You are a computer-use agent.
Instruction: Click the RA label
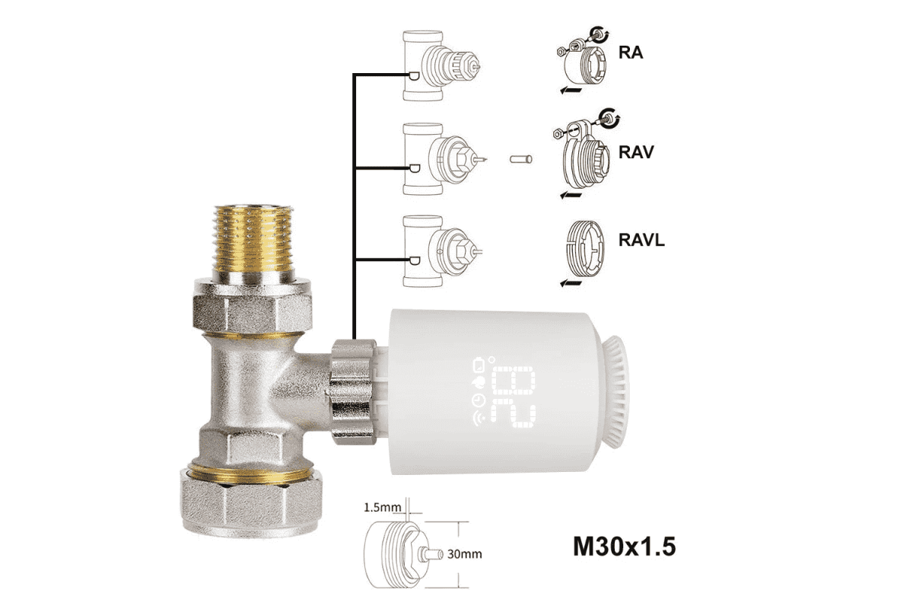coord(631,53)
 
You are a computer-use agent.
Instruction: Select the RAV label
coord(636,152)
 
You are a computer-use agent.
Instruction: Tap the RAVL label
coord(641,240)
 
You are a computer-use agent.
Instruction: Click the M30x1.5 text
coord(625,546)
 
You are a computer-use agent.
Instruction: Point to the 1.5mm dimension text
coord(382,507)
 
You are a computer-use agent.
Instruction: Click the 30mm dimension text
coord(465,554)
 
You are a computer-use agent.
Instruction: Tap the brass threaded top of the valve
coord(253,238)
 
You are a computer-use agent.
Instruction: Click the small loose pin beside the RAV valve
coord(521,158)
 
